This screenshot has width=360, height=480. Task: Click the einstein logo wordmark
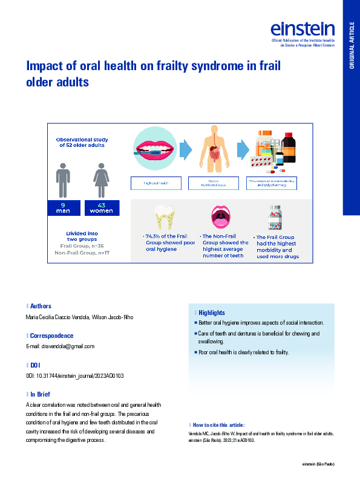pos(303,28)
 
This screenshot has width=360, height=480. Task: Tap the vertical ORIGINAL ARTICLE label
pos(352,45)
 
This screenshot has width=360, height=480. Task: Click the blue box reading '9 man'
pos(63,209)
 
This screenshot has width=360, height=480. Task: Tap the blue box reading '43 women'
pos(101,209)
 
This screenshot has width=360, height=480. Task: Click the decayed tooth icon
pos(163,218)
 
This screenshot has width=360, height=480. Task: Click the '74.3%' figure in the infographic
pos(153,236)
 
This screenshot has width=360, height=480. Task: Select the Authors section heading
pos(41,306)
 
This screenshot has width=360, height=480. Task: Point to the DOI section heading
pos(34,365)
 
